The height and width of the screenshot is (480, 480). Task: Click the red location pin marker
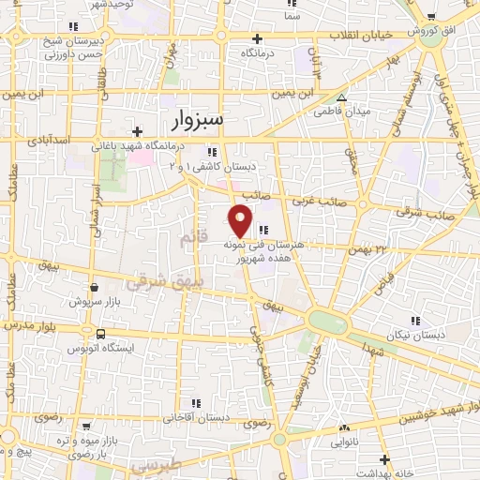click(x=241, y=219)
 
